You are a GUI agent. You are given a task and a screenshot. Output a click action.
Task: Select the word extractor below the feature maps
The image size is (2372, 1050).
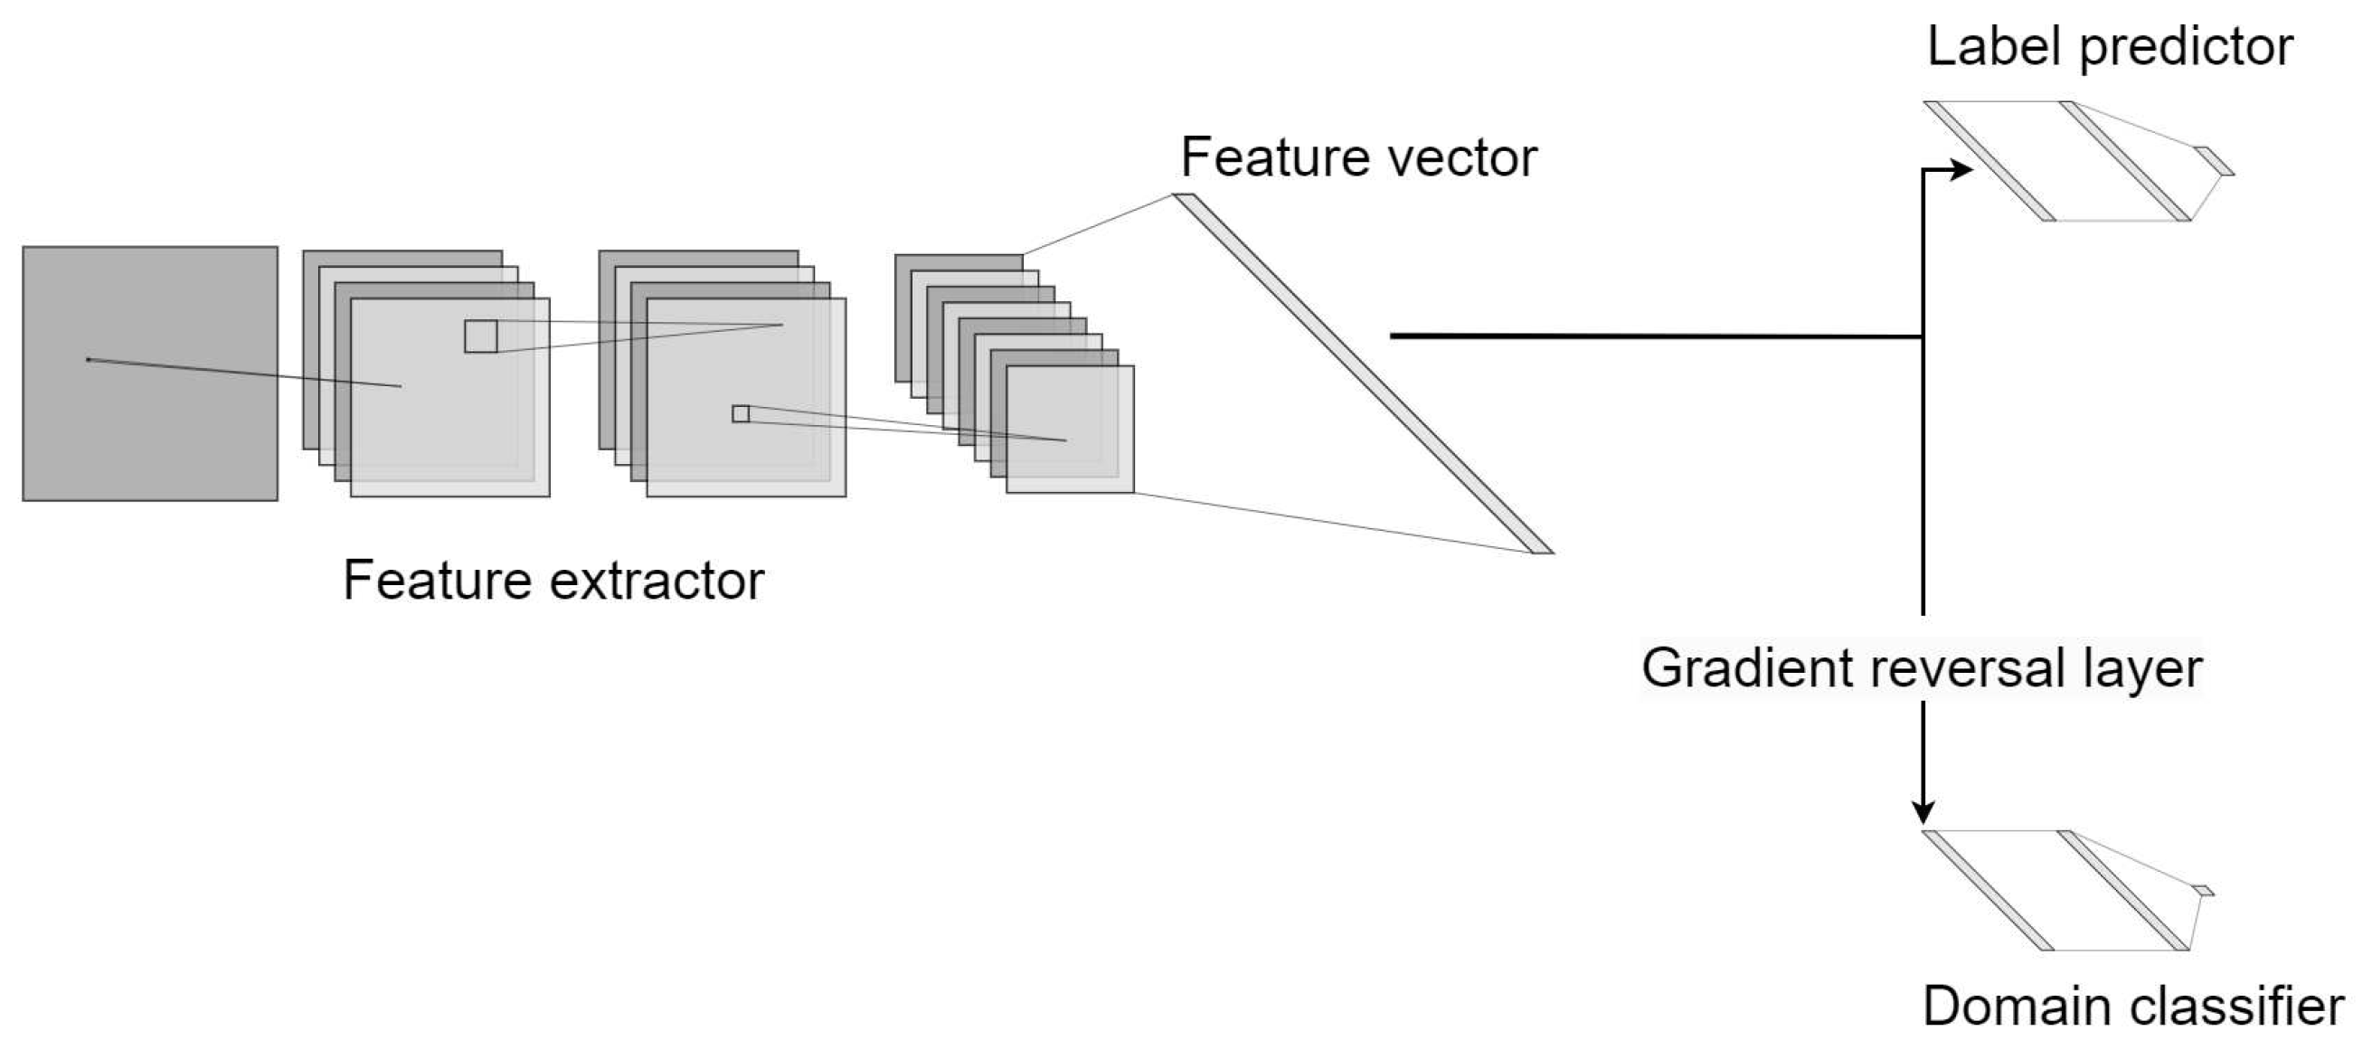pyautogui.click(x=657, y=582)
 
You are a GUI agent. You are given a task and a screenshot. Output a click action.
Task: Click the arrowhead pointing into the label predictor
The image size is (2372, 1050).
pyautogui.click(x=1961, y=169)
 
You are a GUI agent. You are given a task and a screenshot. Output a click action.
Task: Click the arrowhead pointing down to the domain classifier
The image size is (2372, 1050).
pyautogui.click(x=1923, y=810)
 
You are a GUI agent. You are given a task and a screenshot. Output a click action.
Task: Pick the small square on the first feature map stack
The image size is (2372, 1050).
pyautogui.click(x=481, y=336)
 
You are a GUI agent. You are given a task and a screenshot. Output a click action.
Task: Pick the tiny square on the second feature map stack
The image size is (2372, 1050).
pyautogui.click(x=741, y=414)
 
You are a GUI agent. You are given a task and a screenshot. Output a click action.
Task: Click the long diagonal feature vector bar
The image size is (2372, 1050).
pyautogui.click(x=1363, y=373)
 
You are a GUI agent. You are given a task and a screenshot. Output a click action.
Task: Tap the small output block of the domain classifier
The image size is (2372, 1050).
pyautogui.click(x=2204, y=891)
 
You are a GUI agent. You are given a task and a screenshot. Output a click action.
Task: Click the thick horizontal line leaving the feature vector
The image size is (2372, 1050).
pyautogui.click(x=1658, y=336)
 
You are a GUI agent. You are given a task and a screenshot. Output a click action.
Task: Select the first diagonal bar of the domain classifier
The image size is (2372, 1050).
pyautogui.click(x=1989, y=891)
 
